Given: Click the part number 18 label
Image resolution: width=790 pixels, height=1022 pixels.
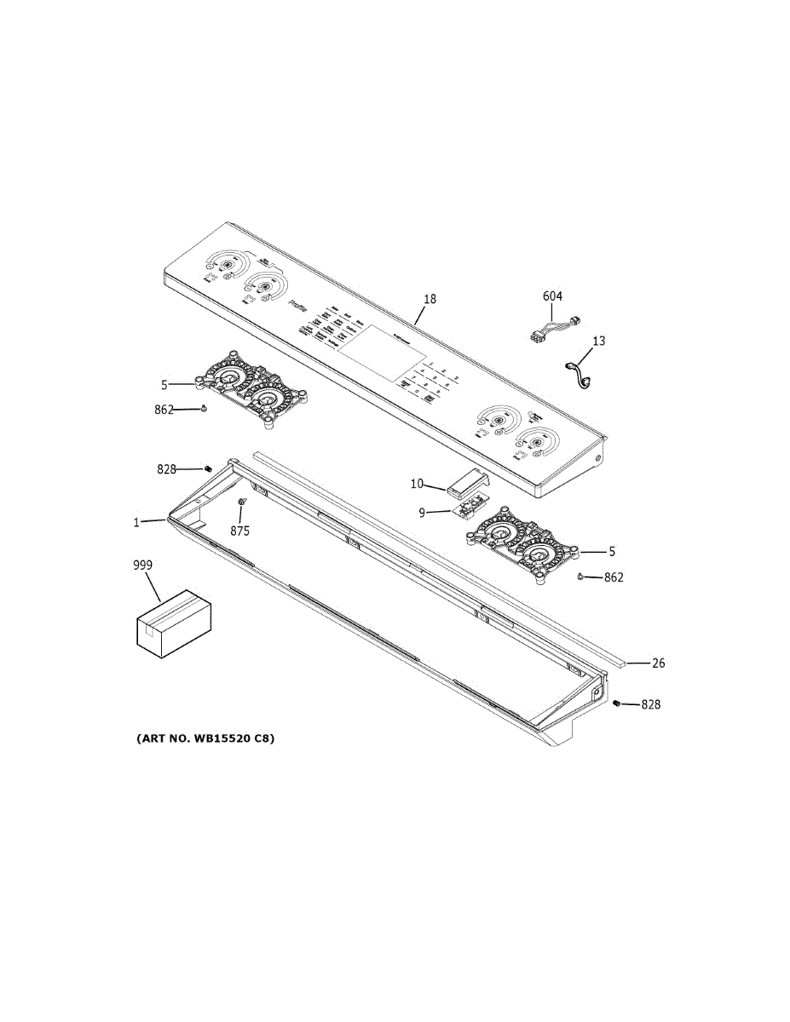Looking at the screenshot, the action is coord(430,299).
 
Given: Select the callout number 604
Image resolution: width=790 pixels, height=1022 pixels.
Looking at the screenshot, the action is coord(552,296).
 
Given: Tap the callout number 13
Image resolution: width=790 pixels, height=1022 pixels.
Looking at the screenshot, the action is coord(598,342).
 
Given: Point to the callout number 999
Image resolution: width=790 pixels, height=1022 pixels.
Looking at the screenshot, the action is coord(143,566).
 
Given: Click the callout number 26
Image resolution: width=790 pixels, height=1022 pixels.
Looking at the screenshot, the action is coord(658,663).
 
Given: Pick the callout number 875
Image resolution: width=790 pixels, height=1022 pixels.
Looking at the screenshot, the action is coord(239,531).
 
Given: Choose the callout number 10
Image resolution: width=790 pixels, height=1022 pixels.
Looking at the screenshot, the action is coord(417,484).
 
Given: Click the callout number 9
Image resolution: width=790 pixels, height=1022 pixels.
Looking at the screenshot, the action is coord(421,513).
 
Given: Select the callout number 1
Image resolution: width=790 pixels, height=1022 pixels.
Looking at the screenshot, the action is coord(136,522).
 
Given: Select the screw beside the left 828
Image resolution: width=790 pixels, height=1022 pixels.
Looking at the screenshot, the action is coord(207,468).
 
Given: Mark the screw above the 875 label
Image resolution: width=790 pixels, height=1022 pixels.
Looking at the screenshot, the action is coord(242,503).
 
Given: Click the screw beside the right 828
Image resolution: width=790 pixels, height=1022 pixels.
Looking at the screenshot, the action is coord(616,703).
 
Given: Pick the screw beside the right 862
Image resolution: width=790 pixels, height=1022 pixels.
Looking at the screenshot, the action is coord(580,577).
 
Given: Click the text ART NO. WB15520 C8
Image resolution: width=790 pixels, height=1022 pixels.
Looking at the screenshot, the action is coord(205,738).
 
